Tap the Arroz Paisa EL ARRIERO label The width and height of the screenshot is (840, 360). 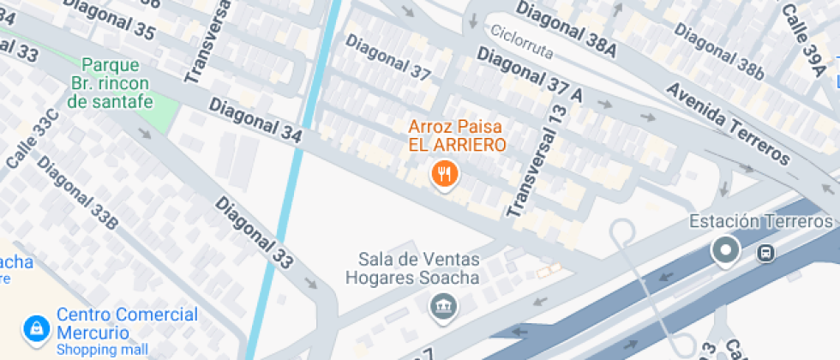coord(457,135)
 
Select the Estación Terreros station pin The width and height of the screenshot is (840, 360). coord(727,250)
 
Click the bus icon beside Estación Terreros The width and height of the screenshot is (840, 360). coord(765,253)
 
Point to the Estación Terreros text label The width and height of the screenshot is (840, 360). coord(760,222)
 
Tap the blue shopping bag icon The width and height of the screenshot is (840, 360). coord(36,327)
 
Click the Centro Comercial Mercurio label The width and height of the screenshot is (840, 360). coord(127,323)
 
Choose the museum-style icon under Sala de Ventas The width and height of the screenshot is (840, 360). coord(442,303)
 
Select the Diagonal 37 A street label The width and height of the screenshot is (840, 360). coord(529,75)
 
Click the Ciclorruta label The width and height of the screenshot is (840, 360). coord(524,41)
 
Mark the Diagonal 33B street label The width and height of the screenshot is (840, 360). coord(76,194)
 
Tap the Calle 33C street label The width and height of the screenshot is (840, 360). coord(33,139)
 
